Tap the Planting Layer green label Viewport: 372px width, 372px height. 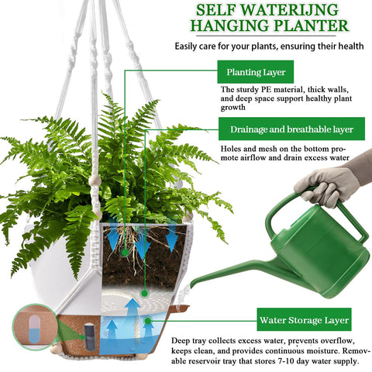pyautogui.click(x=256, y=72)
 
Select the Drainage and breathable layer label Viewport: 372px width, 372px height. pyautogui.click(x=291, y=129)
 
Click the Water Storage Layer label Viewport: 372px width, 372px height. pyautogui.click(x=304, y=319)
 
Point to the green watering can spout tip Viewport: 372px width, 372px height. pyautogui.click(x=191, y=285)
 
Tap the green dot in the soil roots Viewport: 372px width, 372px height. pyautogui.click(x=125, y=253)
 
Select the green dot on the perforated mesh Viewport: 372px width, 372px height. pyautogui.click(x=145, y=293)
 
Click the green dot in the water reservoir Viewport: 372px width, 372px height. pyautogui.click(x=148, y=321)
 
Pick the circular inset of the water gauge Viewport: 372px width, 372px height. pyautogui.click(x=35, y=326)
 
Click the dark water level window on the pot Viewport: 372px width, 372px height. pyautogui.click(x=90, y=336)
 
